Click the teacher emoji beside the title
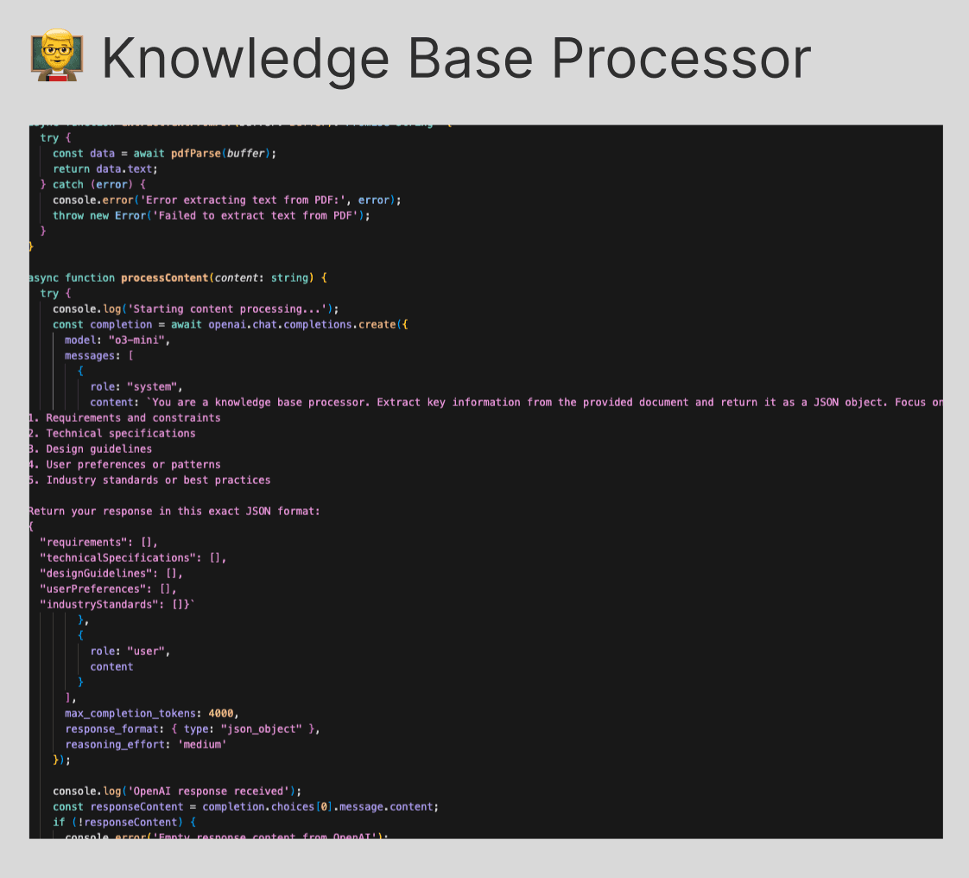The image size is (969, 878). click(x=54, y=59)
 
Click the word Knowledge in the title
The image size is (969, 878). click(x=248, y=59)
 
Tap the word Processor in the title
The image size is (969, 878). click(x=681, y=59)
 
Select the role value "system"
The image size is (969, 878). click(x=155, y=386)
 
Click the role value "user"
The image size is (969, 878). click(x=149, y=651)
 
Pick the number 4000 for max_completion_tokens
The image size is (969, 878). click(x=221, y=713)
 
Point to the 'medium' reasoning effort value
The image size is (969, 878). click(x=202, y=744)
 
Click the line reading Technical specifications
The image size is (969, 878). click(x=120, y=433)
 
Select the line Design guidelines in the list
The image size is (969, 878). click(x=98, y=449)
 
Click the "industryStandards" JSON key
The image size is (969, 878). click(x=98, y=604)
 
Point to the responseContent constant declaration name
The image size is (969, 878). click(x=127, y=806)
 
